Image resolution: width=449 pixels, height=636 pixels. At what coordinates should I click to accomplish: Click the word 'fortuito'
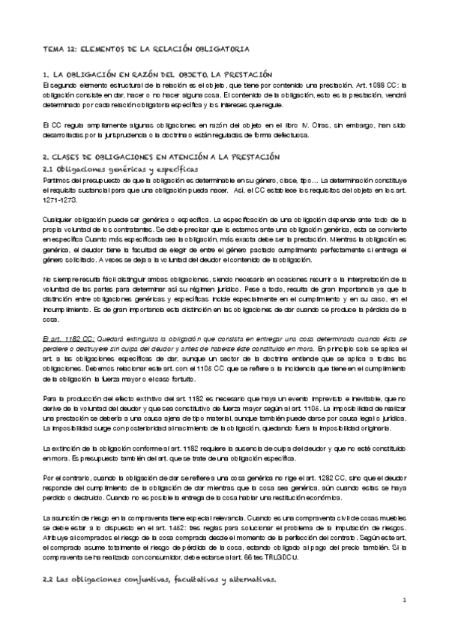[x=213, y=379]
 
